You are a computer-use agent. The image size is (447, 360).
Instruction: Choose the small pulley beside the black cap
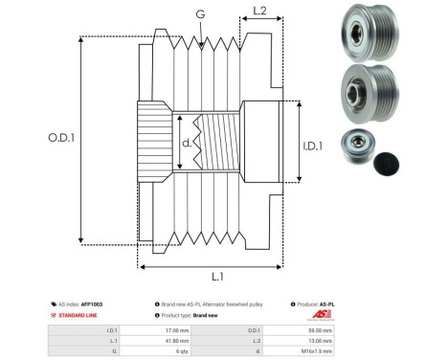346,149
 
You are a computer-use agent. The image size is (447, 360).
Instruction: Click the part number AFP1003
93,304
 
